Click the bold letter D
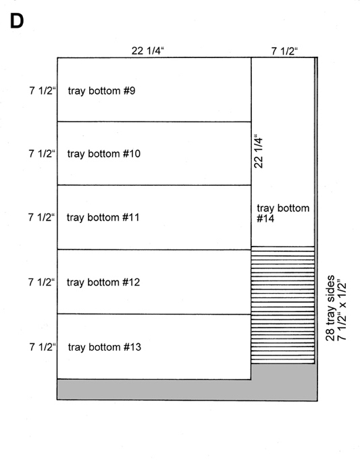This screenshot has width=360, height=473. point(17,21)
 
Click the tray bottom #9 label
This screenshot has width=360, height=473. point(101,91)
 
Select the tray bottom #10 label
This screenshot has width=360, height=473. point(104,154)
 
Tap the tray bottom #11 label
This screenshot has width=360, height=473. point(103,218)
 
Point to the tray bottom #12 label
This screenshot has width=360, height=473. point(103,282)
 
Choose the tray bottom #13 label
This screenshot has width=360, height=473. point(105,347)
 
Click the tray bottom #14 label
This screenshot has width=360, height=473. point(283,213)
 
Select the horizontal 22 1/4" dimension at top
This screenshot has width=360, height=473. point(148,51)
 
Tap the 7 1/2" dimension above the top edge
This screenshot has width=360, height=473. point(284,51)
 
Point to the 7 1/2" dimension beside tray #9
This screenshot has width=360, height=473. point(43,91)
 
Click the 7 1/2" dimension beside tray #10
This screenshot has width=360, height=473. point(42,153)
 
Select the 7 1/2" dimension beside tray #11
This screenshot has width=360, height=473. point(41,217)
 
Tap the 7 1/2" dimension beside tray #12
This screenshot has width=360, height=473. point(42,282)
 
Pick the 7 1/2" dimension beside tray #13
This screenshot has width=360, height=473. point(43,347)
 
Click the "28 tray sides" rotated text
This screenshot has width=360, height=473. point(330,308)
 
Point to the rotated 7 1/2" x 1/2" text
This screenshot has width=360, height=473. point(341,312)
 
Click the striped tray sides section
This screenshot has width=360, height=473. point(283,305)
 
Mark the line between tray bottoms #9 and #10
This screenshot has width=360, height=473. point(154,122)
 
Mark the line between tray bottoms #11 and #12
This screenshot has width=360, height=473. point(154,249)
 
